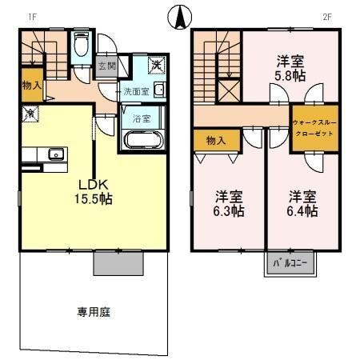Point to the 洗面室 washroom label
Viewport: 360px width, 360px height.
[135, 91]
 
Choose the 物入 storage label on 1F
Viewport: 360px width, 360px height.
[30, 85]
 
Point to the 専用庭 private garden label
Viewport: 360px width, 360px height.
[94, 311]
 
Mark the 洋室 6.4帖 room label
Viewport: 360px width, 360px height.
[303, 203]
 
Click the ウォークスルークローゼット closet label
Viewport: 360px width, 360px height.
[314, 127]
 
